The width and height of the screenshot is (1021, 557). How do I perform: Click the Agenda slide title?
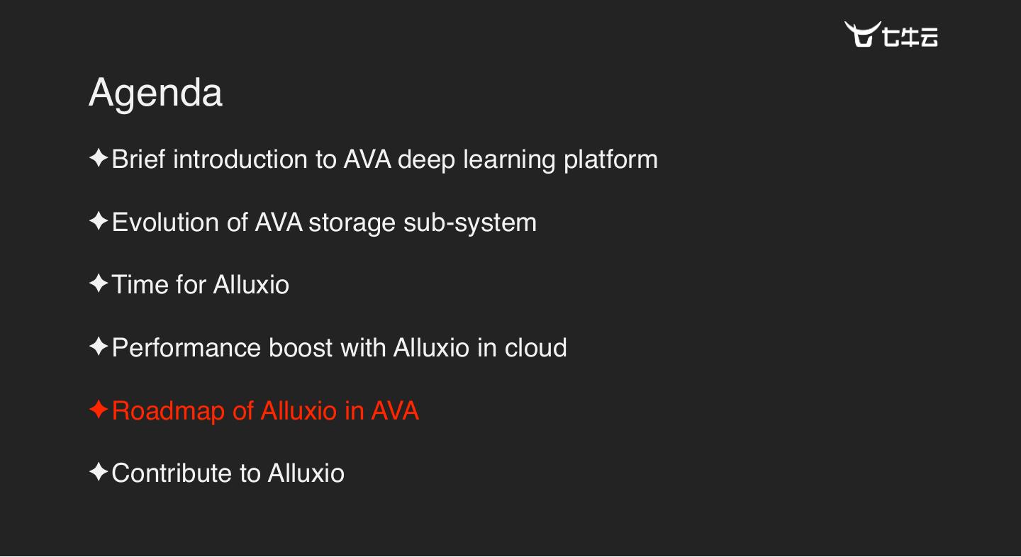tap(155, 93)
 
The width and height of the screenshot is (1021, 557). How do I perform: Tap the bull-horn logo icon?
tap(861, 34)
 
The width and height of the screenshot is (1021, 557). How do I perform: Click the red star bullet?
tap(98, 410)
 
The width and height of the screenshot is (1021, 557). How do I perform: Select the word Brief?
tap(139, 159)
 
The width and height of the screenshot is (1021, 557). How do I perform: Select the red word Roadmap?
tap(168, 412)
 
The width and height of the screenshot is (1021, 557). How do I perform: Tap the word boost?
tap(301, 348)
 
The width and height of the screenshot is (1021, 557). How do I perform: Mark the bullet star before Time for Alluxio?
tap(98, 284)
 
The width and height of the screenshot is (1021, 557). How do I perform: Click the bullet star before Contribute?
tap(98, 472)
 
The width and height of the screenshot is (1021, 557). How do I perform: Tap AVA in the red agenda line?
tap(395, 411)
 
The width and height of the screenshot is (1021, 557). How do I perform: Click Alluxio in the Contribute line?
tap(306, 473)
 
